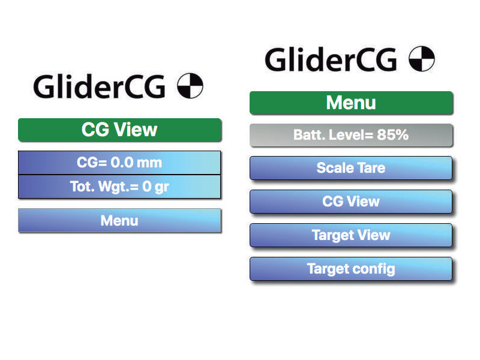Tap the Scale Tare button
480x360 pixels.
[351, 168]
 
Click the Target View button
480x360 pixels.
[351, 235]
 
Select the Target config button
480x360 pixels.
[351, 269]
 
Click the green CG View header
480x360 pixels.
[119, 130]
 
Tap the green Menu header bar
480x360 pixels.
[351, 103]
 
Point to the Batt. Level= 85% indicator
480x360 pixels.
[351, 135]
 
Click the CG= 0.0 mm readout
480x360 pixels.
[119, 163]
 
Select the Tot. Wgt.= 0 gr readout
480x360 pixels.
[119, 187]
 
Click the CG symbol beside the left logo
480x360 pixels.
[190, 86]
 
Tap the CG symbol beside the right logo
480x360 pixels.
[422, 58]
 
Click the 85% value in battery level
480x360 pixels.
[393, 134]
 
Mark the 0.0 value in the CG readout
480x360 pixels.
[122, 162]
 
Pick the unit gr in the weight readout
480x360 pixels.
[161, 187]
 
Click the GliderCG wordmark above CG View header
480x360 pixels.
[100, 86]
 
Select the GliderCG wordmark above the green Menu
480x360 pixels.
[331, 59]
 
